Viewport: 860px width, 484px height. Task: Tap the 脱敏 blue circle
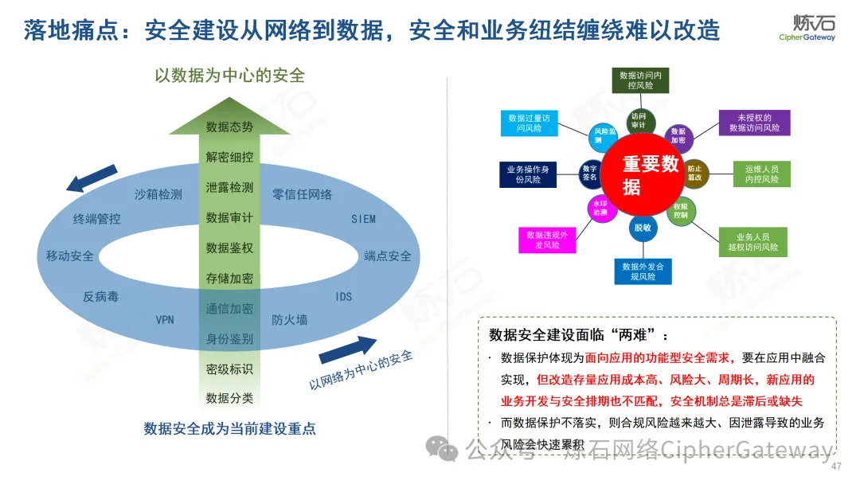642,228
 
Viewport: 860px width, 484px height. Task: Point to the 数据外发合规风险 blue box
643,271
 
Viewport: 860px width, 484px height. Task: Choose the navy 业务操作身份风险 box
528,174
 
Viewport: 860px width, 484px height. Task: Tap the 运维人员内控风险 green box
761,174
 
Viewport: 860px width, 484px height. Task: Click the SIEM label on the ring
363,219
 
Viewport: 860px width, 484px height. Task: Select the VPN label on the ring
165,320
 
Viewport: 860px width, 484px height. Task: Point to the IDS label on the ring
343,297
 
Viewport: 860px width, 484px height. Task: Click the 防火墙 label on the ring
289,320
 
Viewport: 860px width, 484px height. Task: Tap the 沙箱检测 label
158,194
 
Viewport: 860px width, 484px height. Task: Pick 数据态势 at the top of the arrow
229,127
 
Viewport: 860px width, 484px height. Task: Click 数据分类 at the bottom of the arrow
229,398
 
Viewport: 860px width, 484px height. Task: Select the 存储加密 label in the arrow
229,279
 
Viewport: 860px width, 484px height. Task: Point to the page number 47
835,466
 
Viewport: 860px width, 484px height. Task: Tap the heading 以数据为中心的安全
229,76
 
